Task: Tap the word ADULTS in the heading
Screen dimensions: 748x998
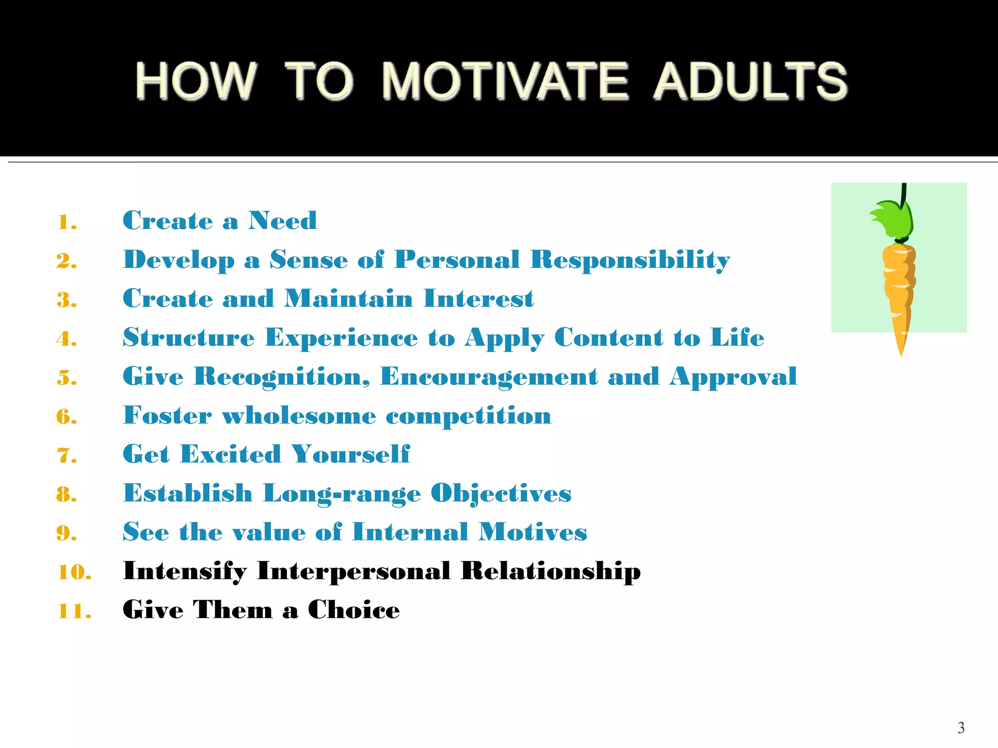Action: [750, 81]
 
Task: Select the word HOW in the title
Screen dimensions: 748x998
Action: [196, 81]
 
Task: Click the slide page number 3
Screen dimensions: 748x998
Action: [960, 728]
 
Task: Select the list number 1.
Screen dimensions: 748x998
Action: [67, 223]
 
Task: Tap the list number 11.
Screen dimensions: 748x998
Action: [74, 612]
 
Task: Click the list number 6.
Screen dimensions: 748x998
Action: [67, 417]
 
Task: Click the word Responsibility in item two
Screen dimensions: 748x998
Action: [630, 260]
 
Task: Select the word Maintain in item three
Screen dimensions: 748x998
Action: [348, 299]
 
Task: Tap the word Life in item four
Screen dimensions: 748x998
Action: [737, 337]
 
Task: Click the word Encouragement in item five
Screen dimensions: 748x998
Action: [488, 377]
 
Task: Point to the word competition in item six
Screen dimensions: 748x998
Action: [468, 416]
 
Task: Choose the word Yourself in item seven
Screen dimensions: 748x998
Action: [350, 454]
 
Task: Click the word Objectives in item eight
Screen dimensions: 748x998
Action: [501, 494]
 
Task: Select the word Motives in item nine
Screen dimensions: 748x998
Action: [533, 532]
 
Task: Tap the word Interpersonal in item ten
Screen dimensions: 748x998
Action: [354, 571]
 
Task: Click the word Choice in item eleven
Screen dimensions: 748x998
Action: [354, 610]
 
